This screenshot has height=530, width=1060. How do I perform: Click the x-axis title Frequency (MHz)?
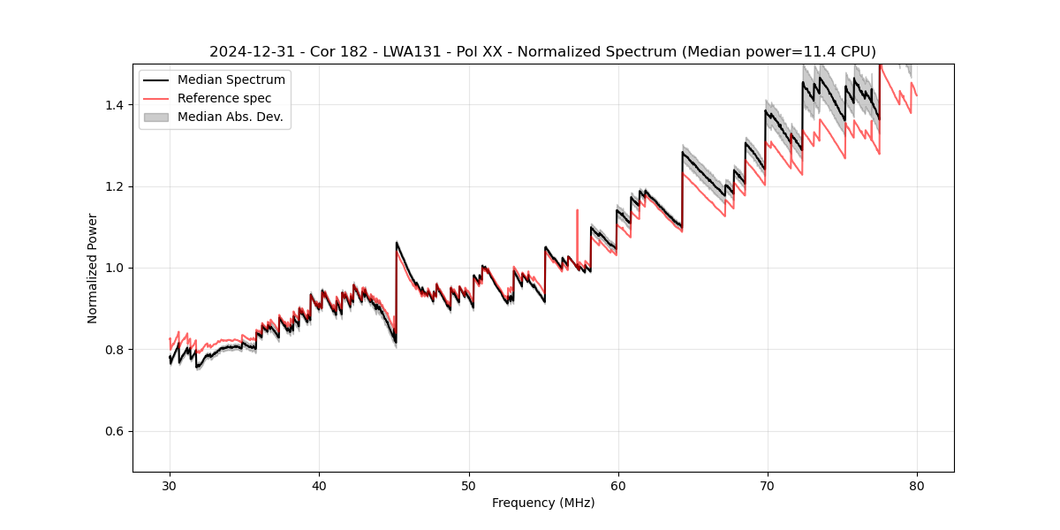[543, 503]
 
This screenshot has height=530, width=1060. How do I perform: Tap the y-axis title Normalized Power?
[92, 268]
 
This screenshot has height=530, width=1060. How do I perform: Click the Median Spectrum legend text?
[231, 79]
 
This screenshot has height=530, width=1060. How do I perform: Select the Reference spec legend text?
[224, 98]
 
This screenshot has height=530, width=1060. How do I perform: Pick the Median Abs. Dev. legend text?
[231, 117]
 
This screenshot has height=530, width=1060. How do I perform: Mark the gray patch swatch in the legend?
[156, 117]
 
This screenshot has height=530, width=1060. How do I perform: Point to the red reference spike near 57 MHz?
[577, 212]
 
